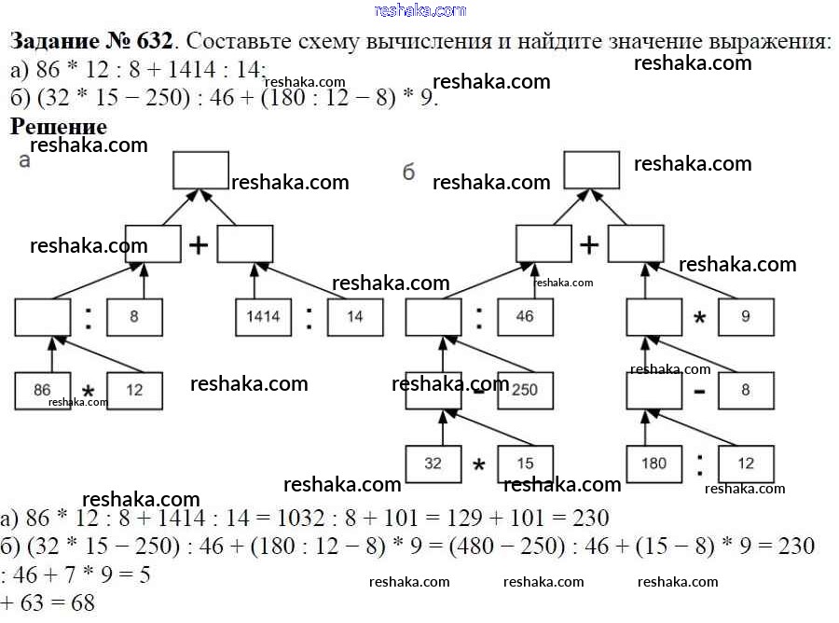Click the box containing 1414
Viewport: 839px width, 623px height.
coord(262,317)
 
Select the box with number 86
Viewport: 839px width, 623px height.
coord(43,391)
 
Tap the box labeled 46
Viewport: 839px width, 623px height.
coord(525,317)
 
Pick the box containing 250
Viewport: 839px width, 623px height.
coord(525,391)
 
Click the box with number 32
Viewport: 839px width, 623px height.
coord(433,464)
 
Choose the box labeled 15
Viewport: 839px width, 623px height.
coord(525,464)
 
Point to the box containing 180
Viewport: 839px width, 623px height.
coord(653,464)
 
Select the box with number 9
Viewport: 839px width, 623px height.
coord(746,317)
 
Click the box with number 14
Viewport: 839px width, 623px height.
coord(354,317)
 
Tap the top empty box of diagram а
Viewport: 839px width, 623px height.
coord(200,171)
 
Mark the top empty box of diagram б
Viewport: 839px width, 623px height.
coord(591,171)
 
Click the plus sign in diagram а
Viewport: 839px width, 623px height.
coord(199,245)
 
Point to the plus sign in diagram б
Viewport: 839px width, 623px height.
coord(589,245)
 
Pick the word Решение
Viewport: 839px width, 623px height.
coord(59,126)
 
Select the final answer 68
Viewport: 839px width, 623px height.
coord(83,603)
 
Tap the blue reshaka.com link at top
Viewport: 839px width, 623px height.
coord(419,10)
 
